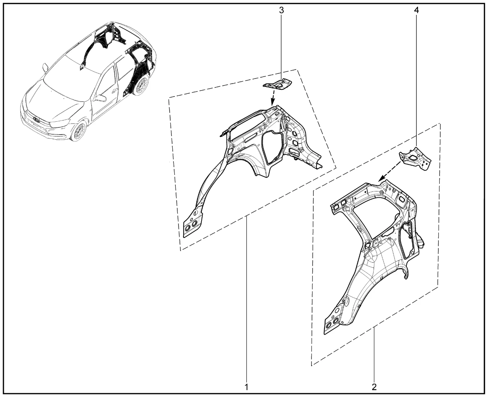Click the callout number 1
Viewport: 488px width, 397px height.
click(247, 387)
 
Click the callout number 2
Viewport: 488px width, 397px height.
click(374, 387)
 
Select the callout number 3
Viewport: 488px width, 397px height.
click(281, 10)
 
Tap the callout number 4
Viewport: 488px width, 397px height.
click(417, 10)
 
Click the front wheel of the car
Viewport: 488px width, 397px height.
click(79, 131)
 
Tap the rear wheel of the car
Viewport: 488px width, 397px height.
click(140, 84)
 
